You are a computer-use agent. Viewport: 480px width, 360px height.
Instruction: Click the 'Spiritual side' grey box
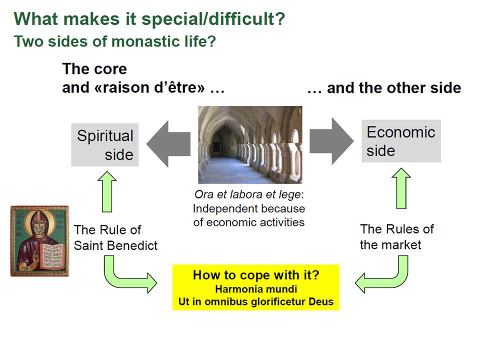point(104,145)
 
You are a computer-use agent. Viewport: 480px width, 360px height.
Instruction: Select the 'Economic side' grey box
point(401,141)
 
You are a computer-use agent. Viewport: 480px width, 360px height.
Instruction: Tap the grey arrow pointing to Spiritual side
point(168,144)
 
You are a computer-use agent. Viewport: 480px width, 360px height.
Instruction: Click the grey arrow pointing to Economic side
point(331,141)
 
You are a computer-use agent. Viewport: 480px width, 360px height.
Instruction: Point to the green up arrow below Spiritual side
point(107,191)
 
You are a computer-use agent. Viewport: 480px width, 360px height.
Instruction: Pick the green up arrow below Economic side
point(401,188)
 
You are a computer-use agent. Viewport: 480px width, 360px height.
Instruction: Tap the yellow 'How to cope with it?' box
point(256,287)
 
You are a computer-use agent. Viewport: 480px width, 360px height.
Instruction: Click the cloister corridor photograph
point(250,145)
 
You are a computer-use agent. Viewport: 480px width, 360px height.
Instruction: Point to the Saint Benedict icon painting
point(39,241)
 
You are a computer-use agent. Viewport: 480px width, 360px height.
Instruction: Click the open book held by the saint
point(52,256)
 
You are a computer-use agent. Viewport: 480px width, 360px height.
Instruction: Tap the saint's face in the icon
point(39,225)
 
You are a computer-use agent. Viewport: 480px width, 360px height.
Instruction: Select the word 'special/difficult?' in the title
point(213,19)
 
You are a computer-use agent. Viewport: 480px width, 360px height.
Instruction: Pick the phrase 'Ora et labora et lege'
point(247,194)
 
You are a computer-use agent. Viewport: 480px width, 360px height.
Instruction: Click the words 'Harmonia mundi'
point(256,289)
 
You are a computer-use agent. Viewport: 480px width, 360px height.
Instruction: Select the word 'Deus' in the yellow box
point(321,301)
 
